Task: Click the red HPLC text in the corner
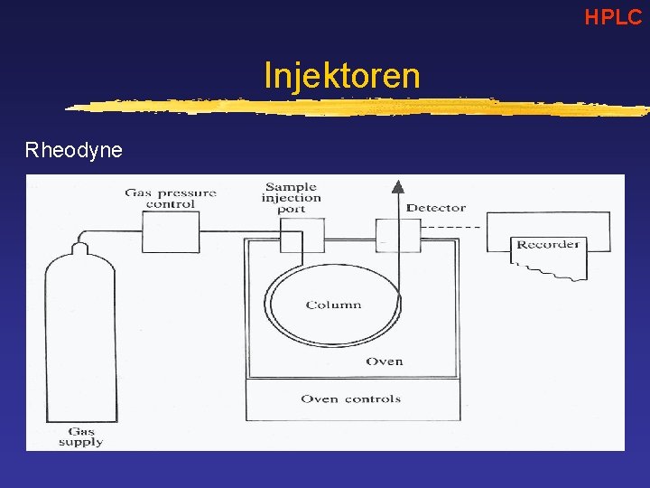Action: [x=612, y=15]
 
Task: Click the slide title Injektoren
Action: [x=341, y=75]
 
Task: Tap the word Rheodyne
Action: [x=73, y=150]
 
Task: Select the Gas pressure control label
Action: [x=171, y=198]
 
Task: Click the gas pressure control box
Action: [x=171, y=232]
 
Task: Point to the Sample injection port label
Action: [x=292, y=198]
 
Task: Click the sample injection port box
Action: [x=302, y=236]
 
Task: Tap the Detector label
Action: [x=436, y=208]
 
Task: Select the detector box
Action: [x=398, y=236]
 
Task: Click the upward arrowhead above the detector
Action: [x=396, y=186]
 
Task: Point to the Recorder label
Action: [x=547, y=244]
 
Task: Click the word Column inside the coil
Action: [x=333, y=305]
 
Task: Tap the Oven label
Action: [x=385, y=361]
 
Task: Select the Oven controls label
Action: [x=350, y=399]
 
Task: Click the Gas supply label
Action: [x=80, y=436]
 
